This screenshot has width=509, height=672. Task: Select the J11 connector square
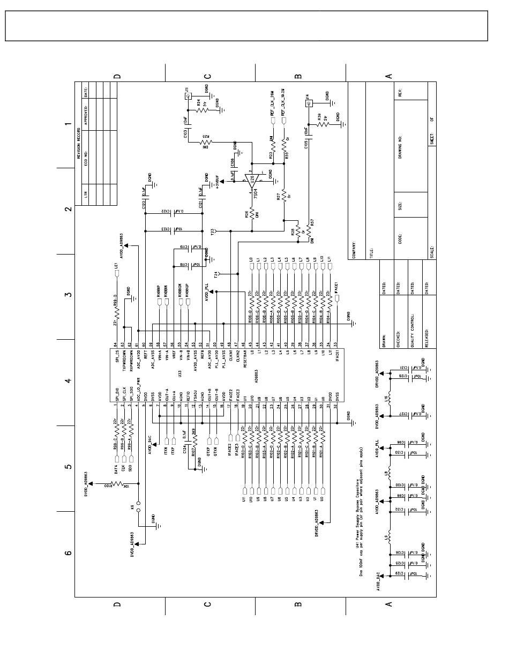click(188, 96)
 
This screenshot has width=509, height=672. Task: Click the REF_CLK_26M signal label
click(272, 103)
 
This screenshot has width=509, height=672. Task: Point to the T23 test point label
click(212, 232)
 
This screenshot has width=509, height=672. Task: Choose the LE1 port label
click(116, 265)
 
